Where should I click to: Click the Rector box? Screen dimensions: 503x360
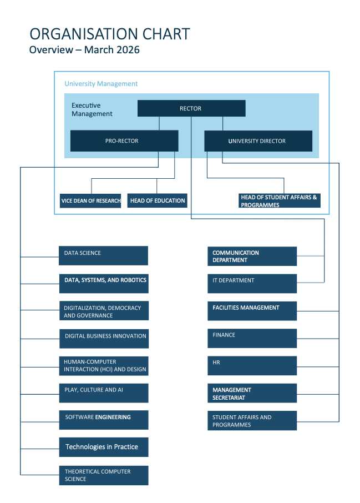point(191,108)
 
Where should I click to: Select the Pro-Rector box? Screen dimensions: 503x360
point(124,141)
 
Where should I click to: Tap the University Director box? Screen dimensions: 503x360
point(258,141)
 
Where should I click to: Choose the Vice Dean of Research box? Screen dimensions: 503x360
point(90,200)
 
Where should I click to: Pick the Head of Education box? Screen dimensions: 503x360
point(157,200)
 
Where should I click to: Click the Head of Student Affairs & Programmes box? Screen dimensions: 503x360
point(280,200)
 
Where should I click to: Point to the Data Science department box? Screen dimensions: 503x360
point(104,255)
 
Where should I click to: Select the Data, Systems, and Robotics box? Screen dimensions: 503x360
point(104,283)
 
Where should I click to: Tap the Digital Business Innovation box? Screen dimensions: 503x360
point(104,338)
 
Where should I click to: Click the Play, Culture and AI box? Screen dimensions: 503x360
point(104,393)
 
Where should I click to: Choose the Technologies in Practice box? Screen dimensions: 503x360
point(104,447)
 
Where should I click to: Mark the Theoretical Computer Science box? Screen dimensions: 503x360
point(104,475)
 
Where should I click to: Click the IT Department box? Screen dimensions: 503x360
point(252,283)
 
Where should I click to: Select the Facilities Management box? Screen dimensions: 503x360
point(252,311)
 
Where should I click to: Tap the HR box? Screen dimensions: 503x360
point(252,365)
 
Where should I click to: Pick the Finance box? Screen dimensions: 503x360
point(252,338)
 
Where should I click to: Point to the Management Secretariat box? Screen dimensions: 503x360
point(252,393)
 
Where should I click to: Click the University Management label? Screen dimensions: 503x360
point(101,84)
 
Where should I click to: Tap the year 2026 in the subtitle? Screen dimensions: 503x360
point(128,50)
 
